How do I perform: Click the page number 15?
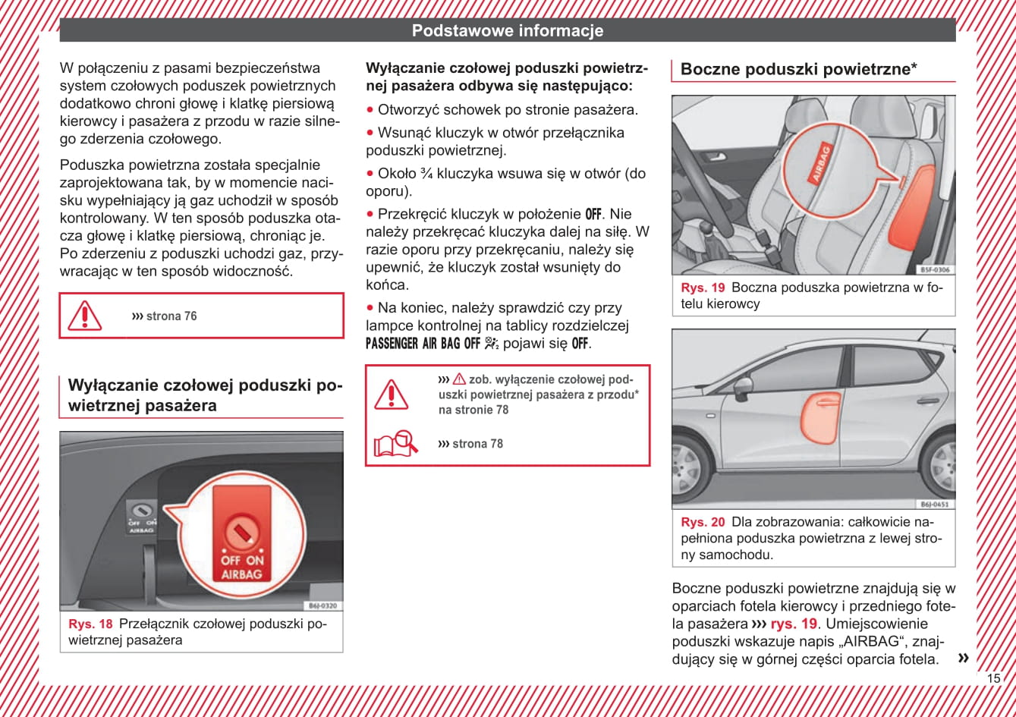[x=994, y=678]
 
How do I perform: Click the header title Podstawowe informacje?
[x=508, y=31]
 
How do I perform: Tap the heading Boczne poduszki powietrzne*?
[x=799, y=69]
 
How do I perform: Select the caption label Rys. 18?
[x=90, y=624]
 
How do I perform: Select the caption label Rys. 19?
[x=703, y=288]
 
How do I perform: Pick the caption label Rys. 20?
[x=703, y=522]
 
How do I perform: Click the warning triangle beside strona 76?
[x=85, y=316]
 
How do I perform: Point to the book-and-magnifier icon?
[x=395, y=443]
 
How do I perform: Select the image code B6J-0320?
[x=323, y=605]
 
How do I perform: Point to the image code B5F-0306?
[x=935, y=269]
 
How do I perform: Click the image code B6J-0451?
[x=935, y=504]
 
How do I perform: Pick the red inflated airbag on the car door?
[x=821, y=417]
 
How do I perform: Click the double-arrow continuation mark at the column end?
[x=964, y=657]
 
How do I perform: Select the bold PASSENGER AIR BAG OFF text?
[x=423, y=344]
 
